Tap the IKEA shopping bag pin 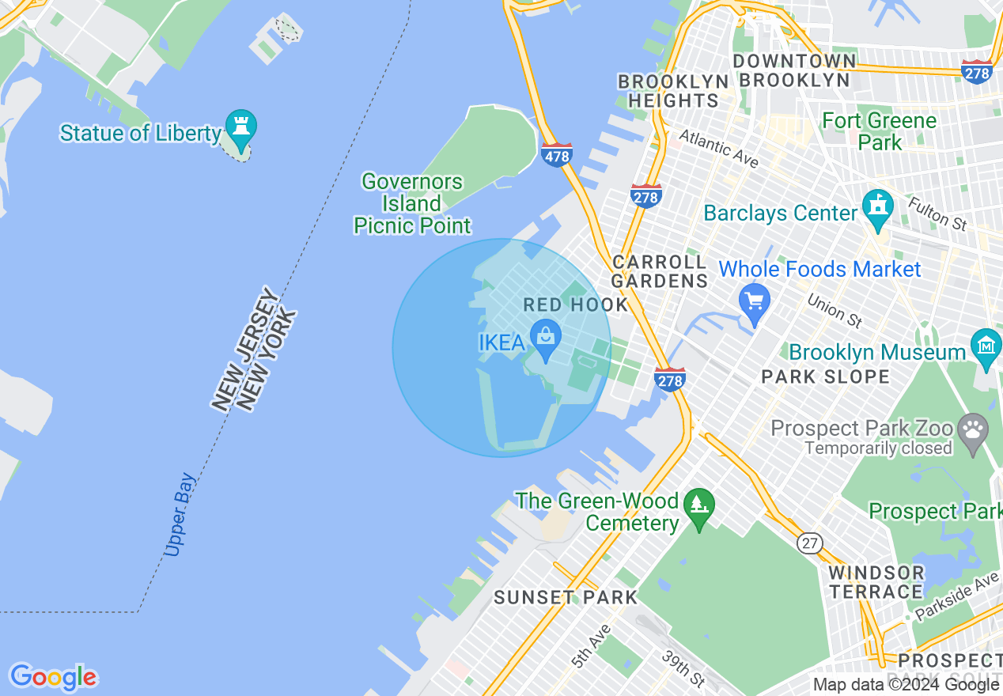[x=545, y=338]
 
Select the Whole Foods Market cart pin [x=755, y=301]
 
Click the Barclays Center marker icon [x=877, y=207]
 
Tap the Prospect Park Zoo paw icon [x=972, y=430]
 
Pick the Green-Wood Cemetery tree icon [x=698, y=504]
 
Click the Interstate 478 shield [x=557, y=155]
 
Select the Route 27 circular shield [x=808, y=543]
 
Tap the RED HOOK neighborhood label [x=575, y=305]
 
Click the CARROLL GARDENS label [x=660, y=271]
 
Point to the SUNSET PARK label [x=565, y=597]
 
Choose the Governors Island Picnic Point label [x=412, y=204]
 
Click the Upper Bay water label [x=180, y=515]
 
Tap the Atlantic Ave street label [x=718, y=149]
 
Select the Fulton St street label [x=938, y=214]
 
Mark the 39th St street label [x=683, y=669]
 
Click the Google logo [x=53, y=677]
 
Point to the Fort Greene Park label [x=879, y=131]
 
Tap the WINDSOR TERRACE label [x=876, y=582]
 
